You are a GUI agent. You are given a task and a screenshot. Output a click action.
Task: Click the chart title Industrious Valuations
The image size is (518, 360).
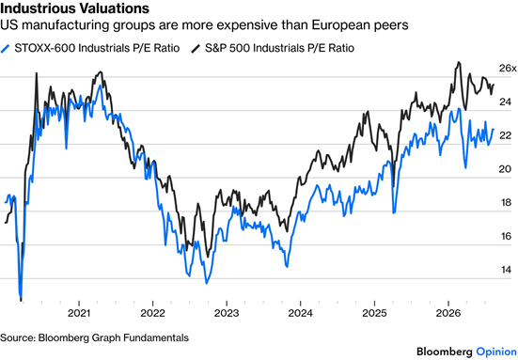coord(74,8)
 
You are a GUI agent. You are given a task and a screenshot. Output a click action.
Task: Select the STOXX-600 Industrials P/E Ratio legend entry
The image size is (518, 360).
coord(90,48)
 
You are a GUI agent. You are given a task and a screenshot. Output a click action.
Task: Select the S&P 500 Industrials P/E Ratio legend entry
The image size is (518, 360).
coord(273,48)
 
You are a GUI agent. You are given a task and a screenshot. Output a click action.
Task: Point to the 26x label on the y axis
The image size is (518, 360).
coord(508,69)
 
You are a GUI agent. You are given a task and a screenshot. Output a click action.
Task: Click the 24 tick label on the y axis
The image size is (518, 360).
coord(506,102)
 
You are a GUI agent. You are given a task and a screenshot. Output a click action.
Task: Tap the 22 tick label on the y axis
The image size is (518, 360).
coord(506,135)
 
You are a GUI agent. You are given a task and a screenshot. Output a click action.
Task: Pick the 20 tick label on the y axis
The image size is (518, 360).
coord(506,169)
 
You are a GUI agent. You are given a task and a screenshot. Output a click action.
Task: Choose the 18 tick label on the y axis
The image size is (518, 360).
coord(506,203)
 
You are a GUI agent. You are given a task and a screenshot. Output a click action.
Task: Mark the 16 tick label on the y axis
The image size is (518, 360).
coord(506,237)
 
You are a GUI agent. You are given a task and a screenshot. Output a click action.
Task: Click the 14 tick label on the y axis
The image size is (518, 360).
coord(506,270)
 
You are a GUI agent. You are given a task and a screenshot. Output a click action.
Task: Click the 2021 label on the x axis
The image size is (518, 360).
coord(79,313)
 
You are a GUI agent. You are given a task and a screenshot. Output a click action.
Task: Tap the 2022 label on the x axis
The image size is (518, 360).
coord(152,313)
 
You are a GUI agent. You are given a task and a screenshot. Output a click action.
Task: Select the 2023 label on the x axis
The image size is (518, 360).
coord(227,313)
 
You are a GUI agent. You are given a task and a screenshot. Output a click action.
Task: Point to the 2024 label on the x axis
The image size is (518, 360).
coord(300,313)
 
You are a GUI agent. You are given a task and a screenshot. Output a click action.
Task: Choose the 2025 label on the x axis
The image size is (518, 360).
coord(374,313)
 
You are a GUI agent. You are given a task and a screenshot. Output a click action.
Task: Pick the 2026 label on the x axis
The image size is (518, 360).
coord(448,313)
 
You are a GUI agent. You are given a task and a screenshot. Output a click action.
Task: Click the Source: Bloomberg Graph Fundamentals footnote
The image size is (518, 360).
coord(95,337)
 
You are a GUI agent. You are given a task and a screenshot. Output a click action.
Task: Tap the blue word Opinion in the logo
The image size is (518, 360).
coord(496,352)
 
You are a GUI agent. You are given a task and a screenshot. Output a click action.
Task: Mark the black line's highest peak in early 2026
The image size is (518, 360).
coord(458,62)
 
